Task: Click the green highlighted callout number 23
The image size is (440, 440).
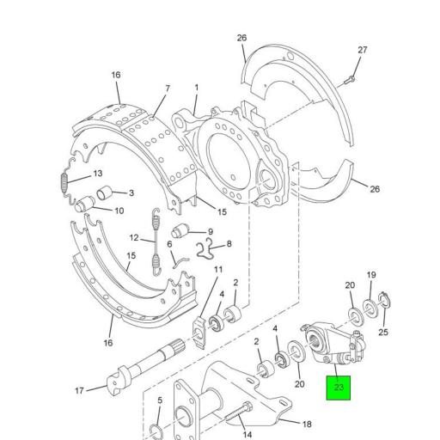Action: pos(338,388)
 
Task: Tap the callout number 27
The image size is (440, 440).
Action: pos(362,50)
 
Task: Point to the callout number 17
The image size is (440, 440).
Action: pos(79,391)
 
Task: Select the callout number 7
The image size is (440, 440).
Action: pos(167,89)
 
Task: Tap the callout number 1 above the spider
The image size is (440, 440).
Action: pos(196,88)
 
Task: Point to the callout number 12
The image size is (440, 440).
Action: pos(134,238)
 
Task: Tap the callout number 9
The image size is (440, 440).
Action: pos(209,231)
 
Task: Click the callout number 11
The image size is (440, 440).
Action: pos(217,270)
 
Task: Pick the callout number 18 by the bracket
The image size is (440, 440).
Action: pos(306,423)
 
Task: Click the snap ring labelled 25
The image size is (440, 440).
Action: pos(385,301)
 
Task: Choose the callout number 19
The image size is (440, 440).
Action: pos(371,275)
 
